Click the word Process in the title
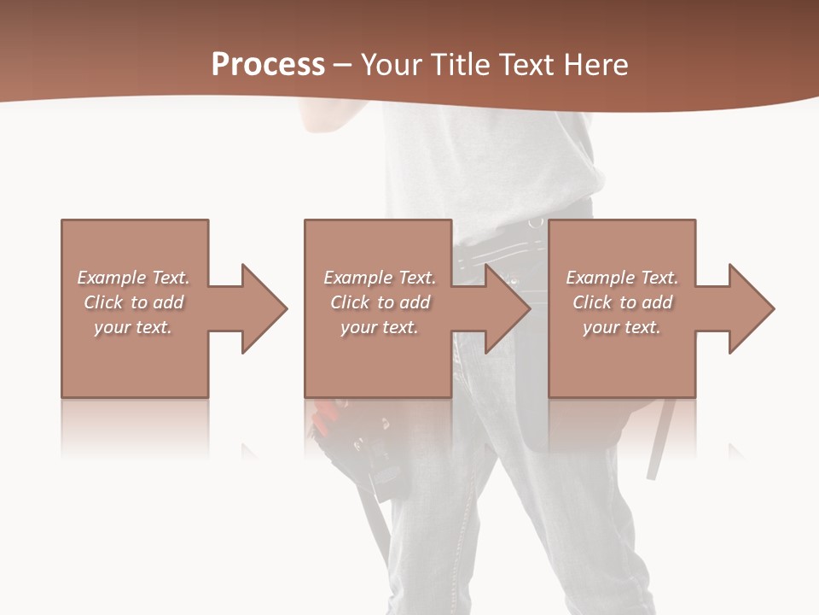[x=268, y=64]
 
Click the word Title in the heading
[x=460, y=64]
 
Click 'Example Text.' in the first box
[x=134, y=278]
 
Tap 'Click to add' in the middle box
[x=380, y=302]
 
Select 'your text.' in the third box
[x=622, y=327]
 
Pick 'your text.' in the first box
[x=134, y=327]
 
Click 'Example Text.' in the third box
[x=622, y=278]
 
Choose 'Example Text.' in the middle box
[x=380, y=278]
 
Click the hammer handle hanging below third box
[x=659, y=444]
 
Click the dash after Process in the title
[x=342, y=66]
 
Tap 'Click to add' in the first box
[x=134, y=302]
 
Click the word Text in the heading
[x=526, y=64]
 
